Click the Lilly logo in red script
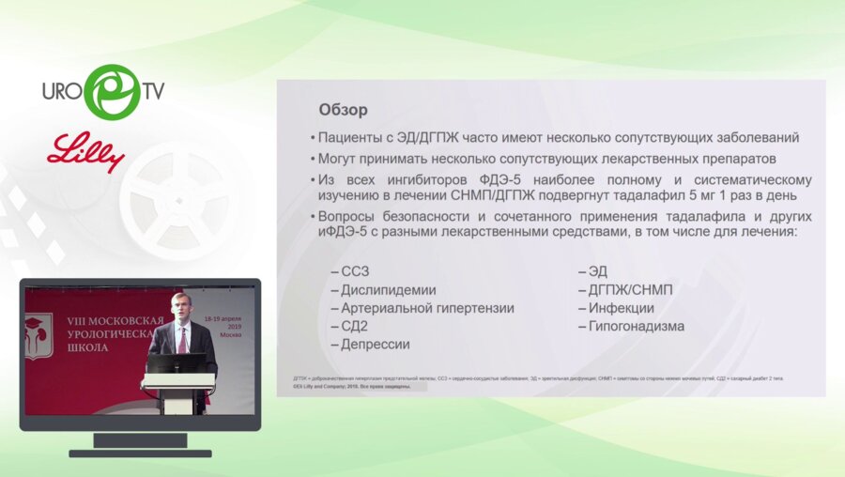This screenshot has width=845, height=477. [86, 151]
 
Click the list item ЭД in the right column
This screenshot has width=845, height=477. [597, 272]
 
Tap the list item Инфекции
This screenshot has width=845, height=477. [621, 308]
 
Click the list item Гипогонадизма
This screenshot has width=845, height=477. [636, 326]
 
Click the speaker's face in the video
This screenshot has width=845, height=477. [181, 307]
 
